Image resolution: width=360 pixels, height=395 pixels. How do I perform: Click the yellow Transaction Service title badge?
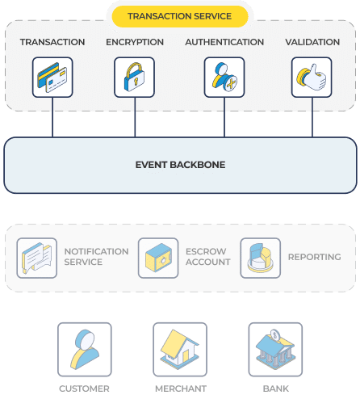click(180, 16)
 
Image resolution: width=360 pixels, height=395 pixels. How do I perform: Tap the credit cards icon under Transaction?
click(52, 78)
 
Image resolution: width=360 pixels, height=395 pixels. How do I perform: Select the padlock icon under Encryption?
click(134, 78)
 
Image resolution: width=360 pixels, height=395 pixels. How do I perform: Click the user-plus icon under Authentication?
click(224, 78)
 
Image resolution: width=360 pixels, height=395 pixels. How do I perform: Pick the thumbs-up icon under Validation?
click(312, 78)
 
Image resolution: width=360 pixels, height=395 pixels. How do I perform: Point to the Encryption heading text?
click(135, 42)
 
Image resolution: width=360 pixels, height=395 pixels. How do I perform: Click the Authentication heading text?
click(224, 42)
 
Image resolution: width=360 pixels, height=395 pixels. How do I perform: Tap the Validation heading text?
click(312, 42)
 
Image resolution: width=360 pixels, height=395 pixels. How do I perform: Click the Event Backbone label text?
click(180, 165)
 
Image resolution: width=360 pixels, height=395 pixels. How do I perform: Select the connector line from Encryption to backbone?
click(135, 117)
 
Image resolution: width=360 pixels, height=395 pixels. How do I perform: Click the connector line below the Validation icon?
click(312, 117)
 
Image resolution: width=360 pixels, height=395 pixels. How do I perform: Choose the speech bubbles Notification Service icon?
click(37, 258)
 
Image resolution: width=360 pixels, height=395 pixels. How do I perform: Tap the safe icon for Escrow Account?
click(158, 258)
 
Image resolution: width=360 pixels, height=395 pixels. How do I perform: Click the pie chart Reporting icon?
click(261, 258)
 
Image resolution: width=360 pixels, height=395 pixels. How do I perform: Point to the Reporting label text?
click(315, 257)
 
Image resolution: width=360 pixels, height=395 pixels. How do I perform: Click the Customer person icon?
click(85, 350)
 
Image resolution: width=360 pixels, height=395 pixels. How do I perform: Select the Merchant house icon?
click(180, 350)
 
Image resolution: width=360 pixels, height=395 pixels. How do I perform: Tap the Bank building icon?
click(275, 350)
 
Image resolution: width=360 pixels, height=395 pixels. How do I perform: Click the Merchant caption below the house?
click(181, 389)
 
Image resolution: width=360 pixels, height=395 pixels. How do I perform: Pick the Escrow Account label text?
click(208, 257)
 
